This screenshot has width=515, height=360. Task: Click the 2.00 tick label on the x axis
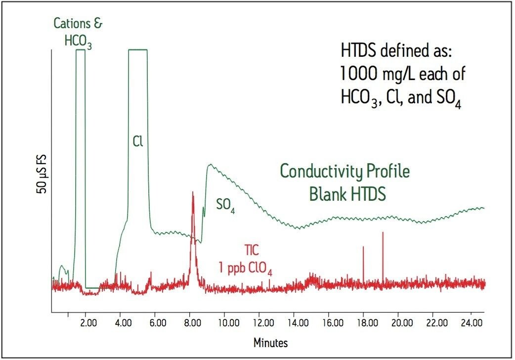[x=88, y=323]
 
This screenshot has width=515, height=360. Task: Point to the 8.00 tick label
[x=192, y=323]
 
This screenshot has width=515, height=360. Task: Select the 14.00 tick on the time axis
[x=296, y=323]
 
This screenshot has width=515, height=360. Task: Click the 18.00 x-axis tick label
[x=366, y=323]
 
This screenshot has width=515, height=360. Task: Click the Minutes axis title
[x=270, y=342]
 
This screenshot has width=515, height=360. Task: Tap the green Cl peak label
[x=138, y=142]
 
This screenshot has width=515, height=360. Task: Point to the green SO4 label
[x=225, y=206]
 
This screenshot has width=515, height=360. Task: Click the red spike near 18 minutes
[x=363, y=247]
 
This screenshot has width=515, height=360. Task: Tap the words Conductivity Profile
[x=345, y=172]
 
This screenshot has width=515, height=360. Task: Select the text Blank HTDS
[x=347, y=194]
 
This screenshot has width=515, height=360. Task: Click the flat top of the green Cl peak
[x=138, y=50]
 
